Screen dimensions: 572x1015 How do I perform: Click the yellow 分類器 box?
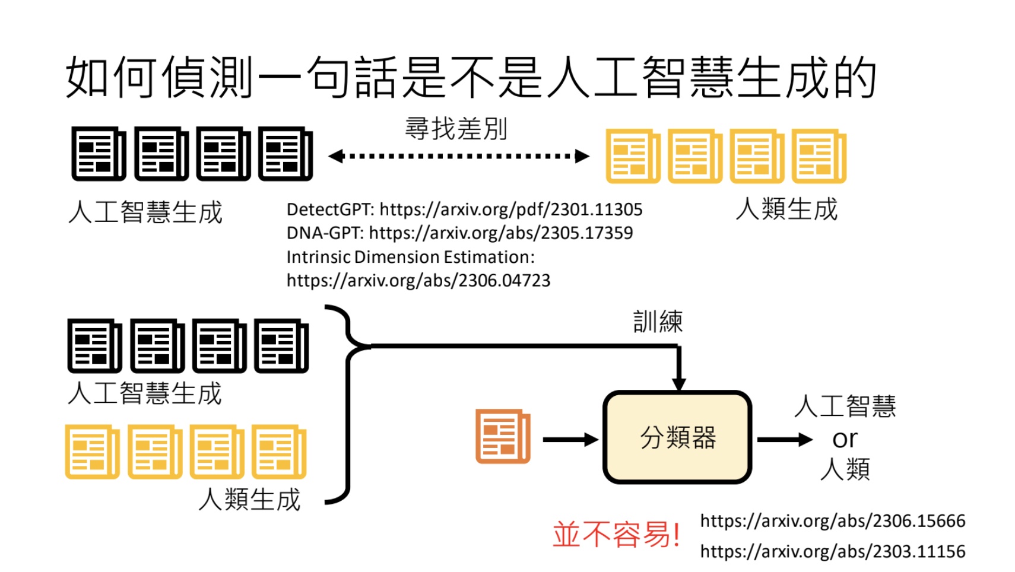[x=677, y=438]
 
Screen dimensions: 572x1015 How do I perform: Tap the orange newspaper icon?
[x=503, y=436]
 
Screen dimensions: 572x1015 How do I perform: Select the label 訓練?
[x=658, y=322]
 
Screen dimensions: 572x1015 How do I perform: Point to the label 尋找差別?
[x=456, y=129]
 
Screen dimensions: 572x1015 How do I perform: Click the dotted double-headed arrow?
[x=458, y=157]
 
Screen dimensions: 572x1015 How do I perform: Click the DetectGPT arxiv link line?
[x=464, y=209]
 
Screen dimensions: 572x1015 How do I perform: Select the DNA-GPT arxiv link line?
[x=459, y=233]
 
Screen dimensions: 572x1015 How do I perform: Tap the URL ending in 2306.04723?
[x=418, y=281]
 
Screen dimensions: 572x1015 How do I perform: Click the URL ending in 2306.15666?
[x=832, y=521]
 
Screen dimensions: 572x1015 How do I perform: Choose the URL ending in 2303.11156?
[x=832, y=552]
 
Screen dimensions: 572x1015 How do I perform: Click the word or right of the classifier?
[x=845, y=439]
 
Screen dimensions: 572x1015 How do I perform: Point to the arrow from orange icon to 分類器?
[x=570, y=440]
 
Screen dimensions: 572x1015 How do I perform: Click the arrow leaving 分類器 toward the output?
[x=784, y=440]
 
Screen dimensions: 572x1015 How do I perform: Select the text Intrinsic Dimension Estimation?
[x=410, y=257]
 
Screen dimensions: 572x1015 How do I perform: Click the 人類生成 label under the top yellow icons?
[x=786, y=209]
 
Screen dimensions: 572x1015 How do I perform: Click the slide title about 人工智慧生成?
[x=471, y=78]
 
